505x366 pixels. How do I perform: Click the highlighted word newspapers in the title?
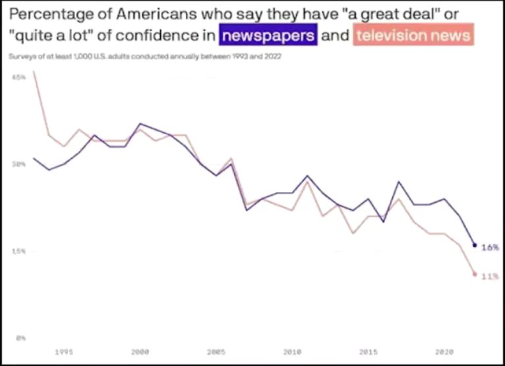coord(269,34)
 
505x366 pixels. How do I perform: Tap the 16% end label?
coord(490,248)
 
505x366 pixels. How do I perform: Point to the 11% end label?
coord(489,276)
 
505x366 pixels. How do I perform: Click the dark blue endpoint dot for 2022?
coord(475,246)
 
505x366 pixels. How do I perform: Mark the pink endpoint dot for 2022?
coord(475,274)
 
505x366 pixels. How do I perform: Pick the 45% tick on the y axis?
coord(19,78)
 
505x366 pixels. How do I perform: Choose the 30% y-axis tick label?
coord(19,165)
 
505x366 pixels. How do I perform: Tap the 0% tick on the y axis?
coord(20,338)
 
